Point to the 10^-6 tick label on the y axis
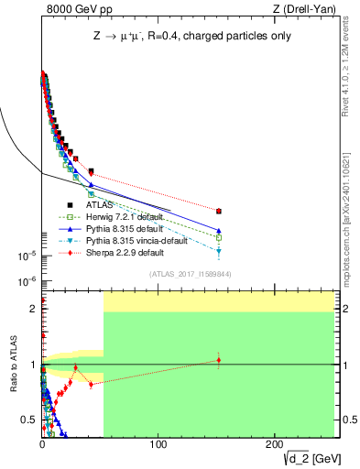(25, 281)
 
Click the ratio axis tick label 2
(34, 309)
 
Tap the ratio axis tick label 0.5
(30, 420)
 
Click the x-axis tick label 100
(158, 444)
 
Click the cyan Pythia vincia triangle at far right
(218, 250)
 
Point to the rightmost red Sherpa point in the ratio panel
(218, 359)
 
